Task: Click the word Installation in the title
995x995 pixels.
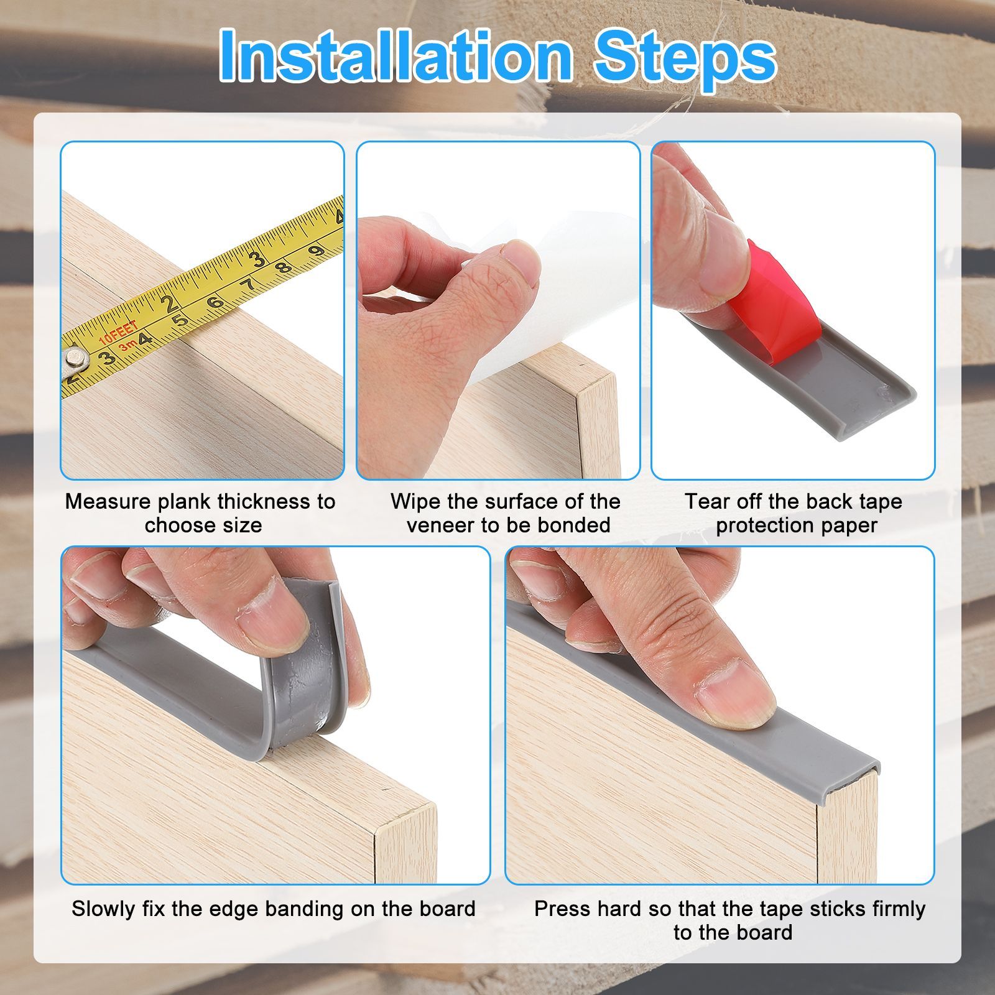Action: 396,57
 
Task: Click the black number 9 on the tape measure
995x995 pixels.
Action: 317,251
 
